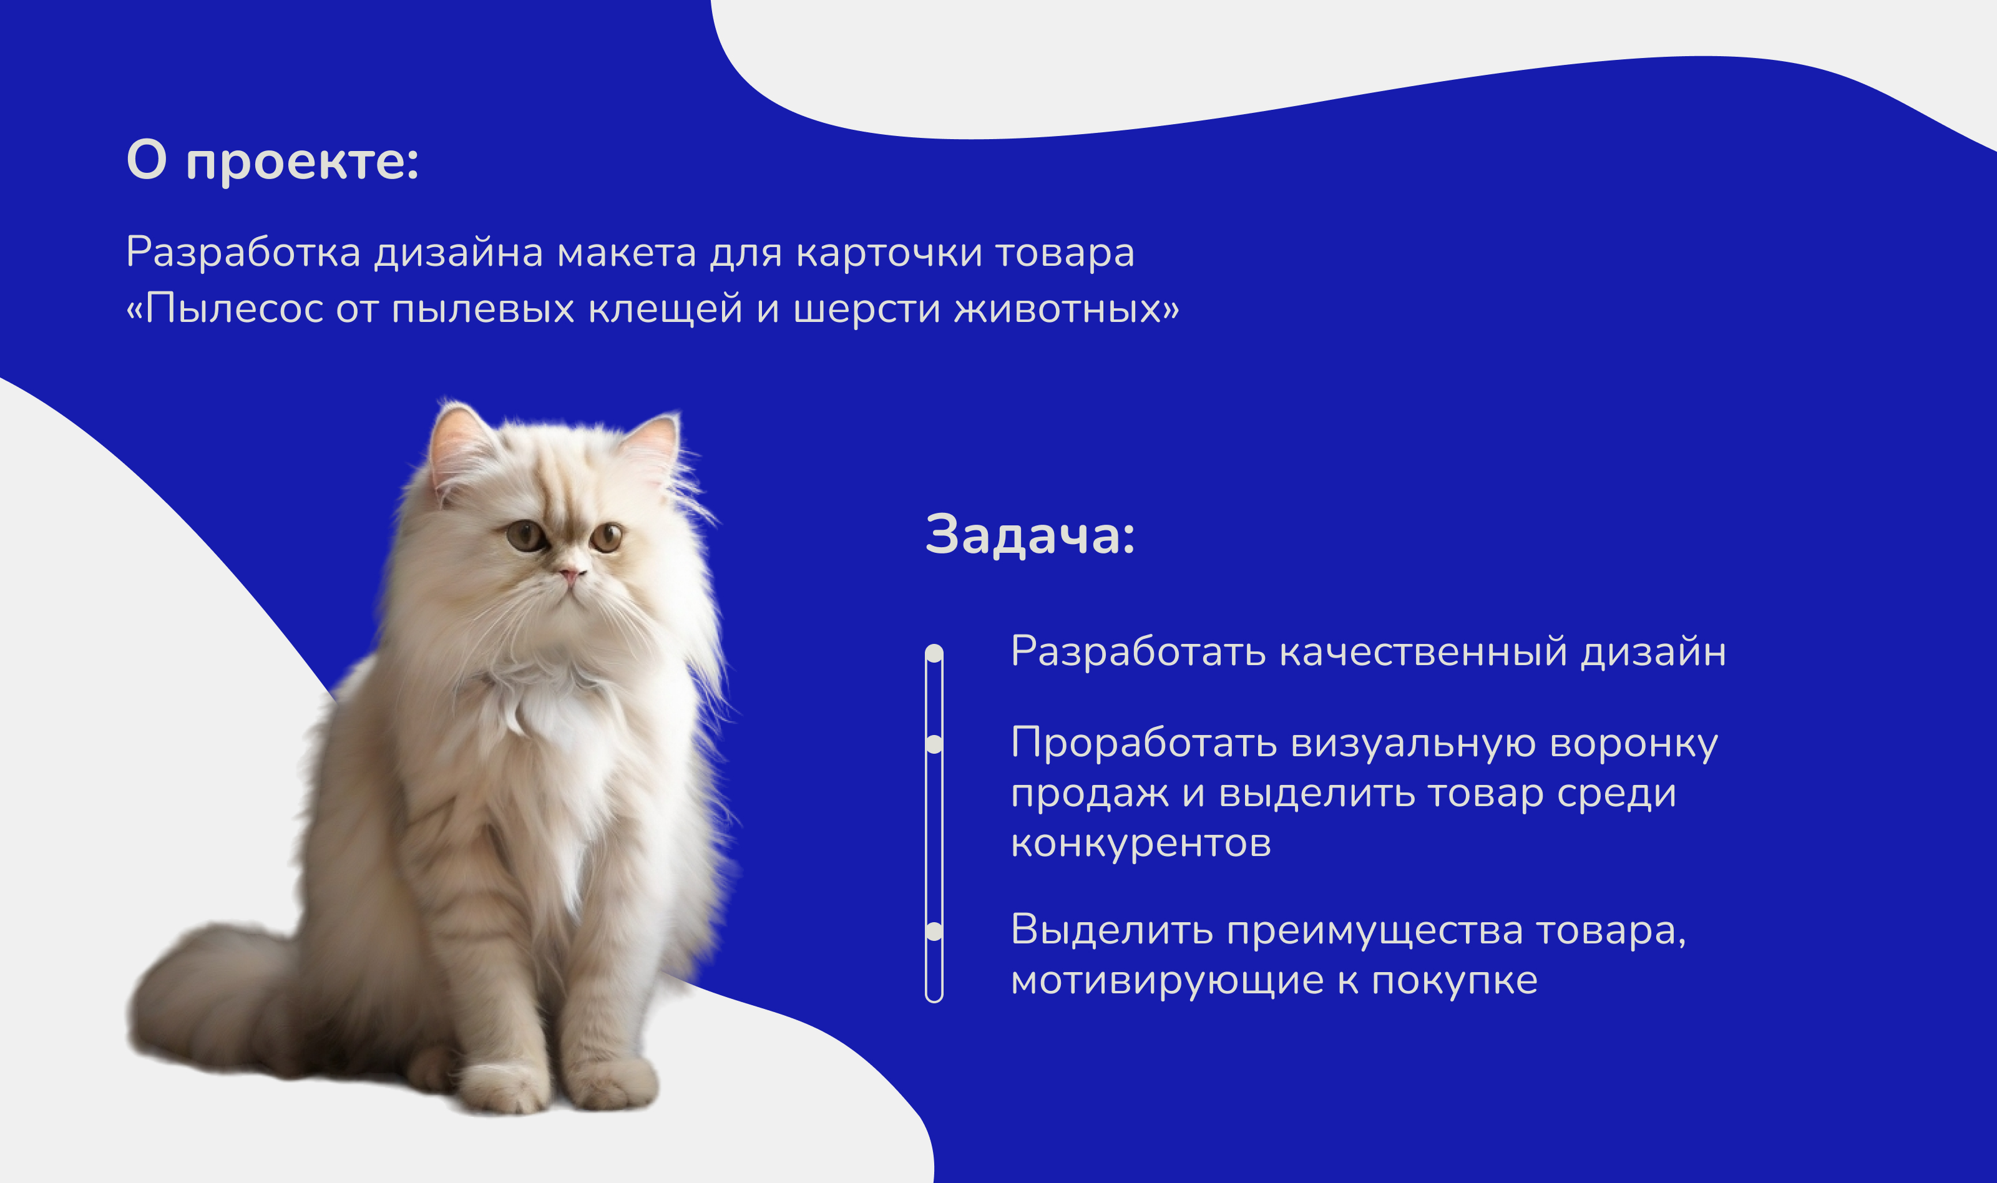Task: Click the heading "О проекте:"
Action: [x=273, y=162]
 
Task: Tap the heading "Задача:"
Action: [x=1030, y=535]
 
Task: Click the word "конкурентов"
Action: [x=1141, y=844]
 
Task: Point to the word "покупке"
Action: [x=1454, y=981]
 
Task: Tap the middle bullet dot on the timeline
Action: [x=934, y=744]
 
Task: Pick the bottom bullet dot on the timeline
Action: [x=934, y=931]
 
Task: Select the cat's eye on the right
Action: [x=607, y=537]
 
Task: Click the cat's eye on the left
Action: [x=527, y=535]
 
